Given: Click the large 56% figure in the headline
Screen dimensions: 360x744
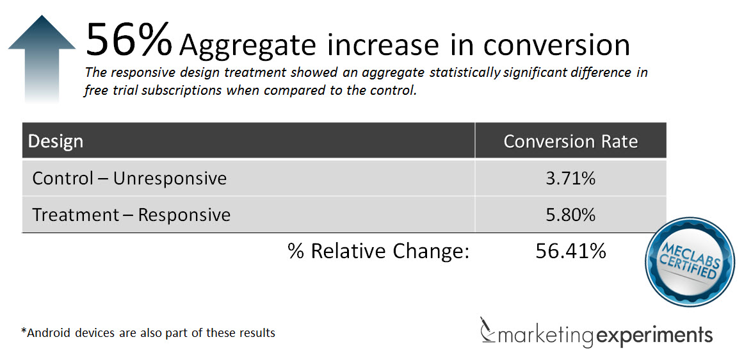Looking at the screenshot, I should (128, 40).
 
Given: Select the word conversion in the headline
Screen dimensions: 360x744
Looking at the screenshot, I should (556, 44).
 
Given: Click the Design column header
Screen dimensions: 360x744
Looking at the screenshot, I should (56, 141).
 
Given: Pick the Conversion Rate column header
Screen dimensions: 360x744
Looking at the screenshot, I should (570, 141).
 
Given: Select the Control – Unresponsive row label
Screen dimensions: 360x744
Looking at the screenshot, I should (129, 178).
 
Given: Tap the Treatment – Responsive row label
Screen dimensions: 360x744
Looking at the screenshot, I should (131, 215).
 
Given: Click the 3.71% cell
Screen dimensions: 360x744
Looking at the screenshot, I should (570, 179).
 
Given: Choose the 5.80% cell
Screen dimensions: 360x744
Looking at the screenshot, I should (570, 215).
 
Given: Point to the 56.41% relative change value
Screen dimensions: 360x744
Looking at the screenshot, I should (570, 251).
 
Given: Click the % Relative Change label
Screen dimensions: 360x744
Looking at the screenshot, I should (378, 251).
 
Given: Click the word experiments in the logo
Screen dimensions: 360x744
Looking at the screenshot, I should (654, 334).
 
